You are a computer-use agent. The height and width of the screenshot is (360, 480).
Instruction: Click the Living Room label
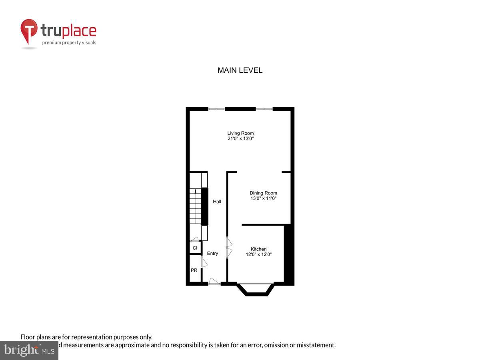click(x=240, y=133)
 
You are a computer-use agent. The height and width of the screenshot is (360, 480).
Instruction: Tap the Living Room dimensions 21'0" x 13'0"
click(x=240, y=138)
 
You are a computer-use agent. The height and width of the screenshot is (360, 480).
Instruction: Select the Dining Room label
click(x=263, y=193)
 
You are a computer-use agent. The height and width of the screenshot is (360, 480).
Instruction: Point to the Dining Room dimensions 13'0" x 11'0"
click(x=263, y=198)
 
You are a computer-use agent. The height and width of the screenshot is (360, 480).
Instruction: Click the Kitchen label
click(x=258, y=249)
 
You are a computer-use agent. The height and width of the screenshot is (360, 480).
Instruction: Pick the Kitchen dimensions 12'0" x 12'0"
click(x=258, y=254)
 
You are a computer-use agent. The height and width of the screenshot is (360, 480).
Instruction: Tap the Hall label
click(x=217, y=202)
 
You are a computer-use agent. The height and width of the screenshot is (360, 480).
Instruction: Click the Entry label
click(x=212, y=253)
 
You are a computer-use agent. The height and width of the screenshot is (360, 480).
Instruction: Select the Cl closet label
click(x=195, y=248)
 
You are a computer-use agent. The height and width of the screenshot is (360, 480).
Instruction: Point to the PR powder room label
click(x=194, y=270)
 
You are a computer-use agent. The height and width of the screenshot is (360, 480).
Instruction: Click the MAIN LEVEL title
click(x=240, y=70)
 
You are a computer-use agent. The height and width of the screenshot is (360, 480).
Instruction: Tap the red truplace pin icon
click(x=29, y=30)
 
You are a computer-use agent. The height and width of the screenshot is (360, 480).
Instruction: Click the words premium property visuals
click(x=69, y=42)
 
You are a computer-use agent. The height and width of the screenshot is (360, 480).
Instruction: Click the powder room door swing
click(x=204, y=262)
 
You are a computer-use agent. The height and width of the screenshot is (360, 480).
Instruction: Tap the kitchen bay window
click(x=256, y=290)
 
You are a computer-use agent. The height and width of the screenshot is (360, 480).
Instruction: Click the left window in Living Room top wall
click(x=216, y=109)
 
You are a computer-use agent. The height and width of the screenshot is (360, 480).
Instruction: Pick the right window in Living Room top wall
click(x=264, y=109)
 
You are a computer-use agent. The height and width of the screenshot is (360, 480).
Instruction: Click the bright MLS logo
click(x=29, y=350)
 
